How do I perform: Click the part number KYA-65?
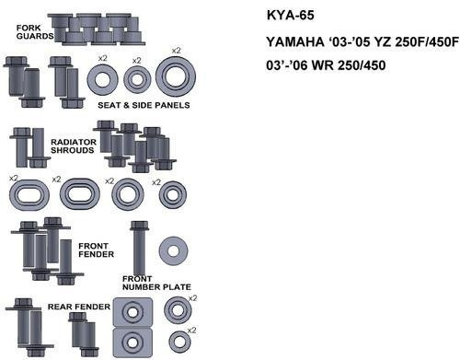click(x=290, y=16)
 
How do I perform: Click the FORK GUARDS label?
click(x=35, y=32)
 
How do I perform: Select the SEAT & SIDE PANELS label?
click(x=144, y=105)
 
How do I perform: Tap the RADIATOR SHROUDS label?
click(x=74, y=146)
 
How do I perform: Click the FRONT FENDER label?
click(x=96, y=250)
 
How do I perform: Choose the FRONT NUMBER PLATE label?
click(x=156, y=283)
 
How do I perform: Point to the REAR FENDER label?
click(x=79, y=307)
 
